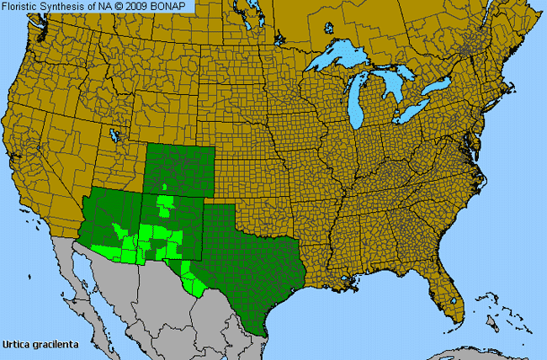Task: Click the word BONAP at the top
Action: click(x=175, y=7)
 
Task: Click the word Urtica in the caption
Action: click(x=17, y=344)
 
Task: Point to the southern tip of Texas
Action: click(x=263, y=331)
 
